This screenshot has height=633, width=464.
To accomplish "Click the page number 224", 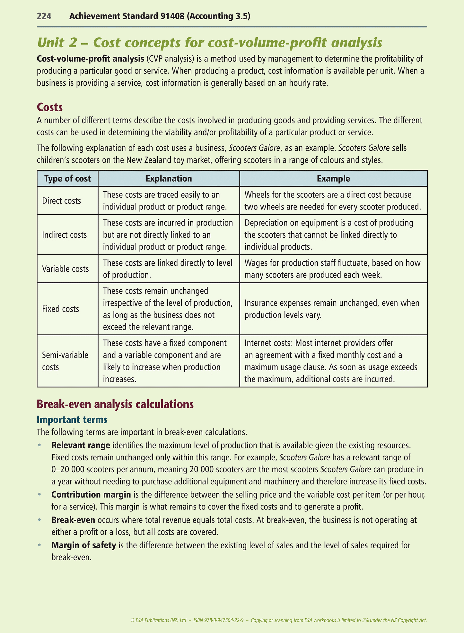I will [44, 16].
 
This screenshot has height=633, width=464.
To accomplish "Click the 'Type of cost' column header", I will [67, 179].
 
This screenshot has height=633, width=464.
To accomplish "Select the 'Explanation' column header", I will [169, 179].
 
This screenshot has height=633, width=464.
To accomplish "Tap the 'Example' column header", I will [333, 179].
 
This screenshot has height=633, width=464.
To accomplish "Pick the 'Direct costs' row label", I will [61, 201].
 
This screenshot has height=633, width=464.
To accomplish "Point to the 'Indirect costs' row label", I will [64, 235].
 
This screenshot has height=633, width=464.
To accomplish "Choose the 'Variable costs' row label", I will [65, 269].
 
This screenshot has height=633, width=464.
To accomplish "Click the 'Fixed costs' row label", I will [60, 309].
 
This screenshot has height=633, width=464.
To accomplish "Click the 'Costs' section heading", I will [50, 107].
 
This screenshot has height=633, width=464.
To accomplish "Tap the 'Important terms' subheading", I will [72, 420].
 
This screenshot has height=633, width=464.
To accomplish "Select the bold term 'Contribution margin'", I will [91, 495].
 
